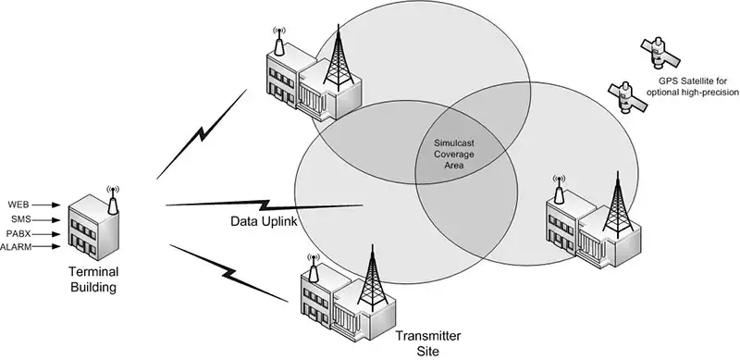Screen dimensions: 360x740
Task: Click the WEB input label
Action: pos(18,204)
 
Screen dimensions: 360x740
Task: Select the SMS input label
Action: pos(19,219)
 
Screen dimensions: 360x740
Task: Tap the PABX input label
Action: pos(19,234)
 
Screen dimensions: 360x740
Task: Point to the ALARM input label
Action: pos(17,248)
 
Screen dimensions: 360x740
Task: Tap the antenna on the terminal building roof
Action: pos(113,197)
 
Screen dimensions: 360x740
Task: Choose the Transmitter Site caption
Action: pos(428,342)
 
